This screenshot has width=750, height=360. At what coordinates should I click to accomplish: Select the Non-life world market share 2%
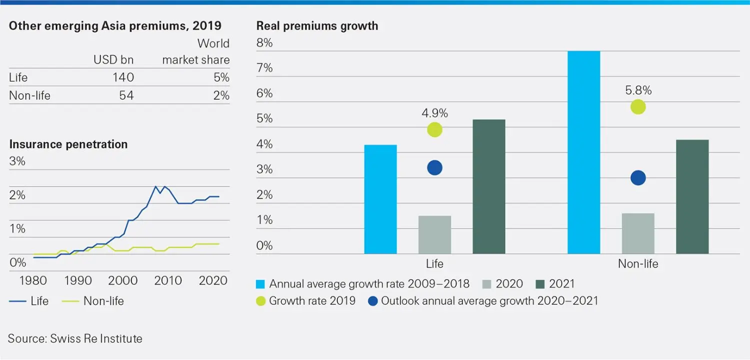221,95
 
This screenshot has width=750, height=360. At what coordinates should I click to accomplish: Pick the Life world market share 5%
221,77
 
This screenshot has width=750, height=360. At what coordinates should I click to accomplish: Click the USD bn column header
113,60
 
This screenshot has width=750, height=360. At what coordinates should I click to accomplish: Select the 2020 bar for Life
434,234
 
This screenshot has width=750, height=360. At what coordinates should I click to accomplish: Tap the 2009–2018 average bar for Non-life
584,152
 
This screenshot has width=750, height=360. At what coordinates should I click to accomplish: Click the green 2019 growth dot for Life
434,130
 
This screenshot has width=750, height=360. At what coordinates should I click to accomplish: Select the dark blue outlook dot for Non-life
638,178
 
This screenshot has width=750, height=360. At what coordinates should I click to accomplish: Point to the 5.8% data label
638,90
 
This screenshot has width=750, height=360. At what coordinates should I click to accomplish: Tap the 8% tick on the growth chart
264,43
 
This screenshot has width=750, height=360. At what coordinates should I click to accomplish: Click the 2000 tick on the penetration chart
123,280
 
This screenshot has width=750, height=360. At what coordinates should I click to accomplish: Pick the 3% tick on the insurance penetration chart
17,162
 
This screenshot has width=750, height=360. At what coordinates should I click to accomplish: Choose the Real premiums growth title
317,26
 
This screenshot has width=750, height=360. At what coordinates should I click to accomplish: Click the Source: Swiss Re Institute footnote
75,338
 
